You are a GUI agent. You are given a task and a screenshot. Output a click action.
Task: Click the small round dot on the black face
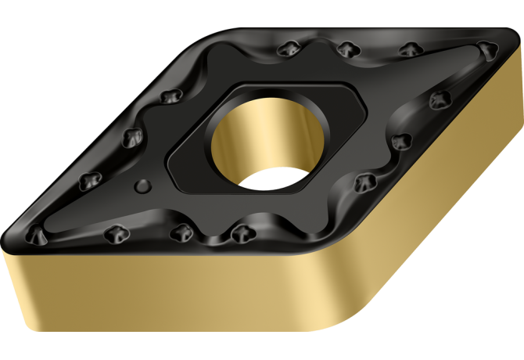coord(142,185)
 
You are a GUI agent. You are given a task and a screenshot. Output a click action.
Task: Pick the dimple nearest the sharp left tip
coord(36,232)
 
